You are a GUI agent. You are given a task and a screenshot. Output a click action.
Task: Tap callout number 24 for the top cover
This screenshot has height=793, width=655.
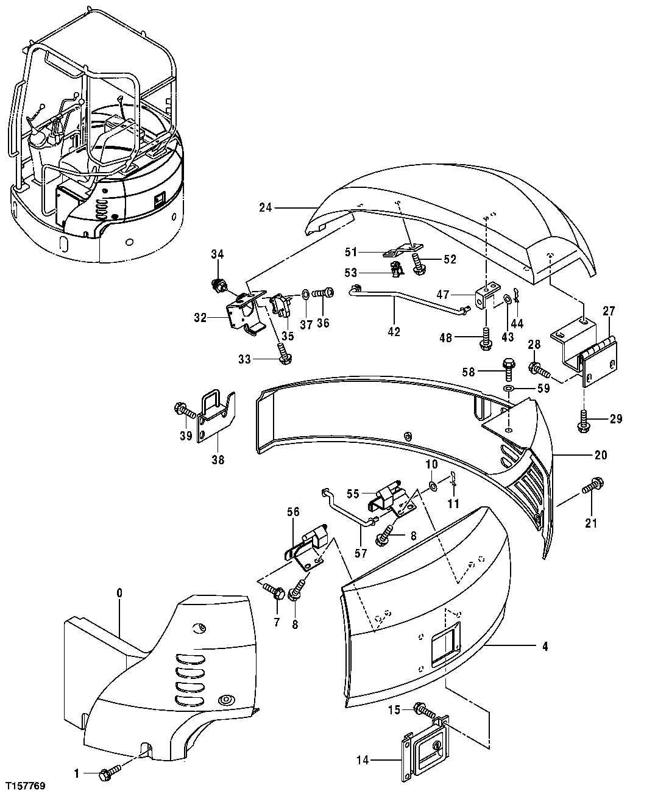[265, 208]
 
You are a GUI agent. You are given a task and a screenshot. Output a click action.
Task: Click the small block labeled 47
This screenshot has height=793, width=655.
[486, 296]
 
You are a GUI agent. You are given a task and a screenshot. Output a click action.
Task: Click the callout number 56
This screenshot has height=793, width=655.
[293, 512]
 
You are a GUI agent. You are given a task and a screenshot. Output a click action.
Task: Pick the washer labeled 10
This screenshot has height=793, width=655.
[431, 485]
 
